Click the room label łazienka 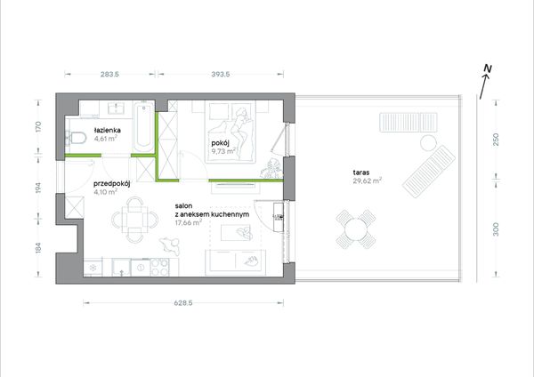(108, 130)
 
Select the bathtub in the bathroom (143, 126)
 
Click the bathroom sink (116, 108)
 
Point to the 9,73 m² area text (223, 151)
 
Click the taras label (361, 172)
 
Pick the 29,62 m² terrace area (367, 180)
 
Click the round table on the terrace (356, 229)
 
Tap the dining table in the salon (135, 220)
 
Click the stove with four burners (159, 267)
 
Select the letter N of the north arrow (488, 69)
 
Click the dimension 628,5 (183, 302)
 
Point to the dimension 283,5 (110, 74)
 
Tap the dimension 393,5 (221, 74)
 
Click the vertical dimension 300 (496, 229)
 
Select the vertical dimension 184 (38, 248)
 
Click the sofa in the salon (235, 262)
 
